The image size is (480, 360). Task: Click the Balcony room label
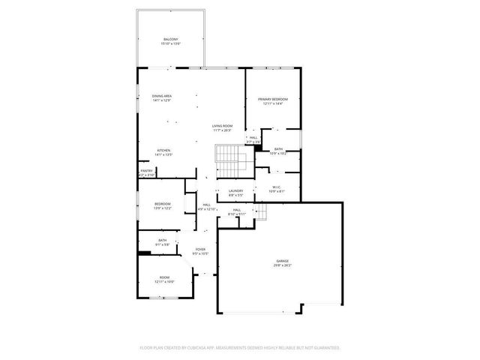tap(170, 39)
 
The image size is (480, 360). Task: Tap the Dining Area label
tap(162, 96)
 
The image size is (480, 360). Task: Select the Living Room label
tap(221, 126)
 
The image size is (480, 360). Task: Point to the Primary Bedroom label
tap(273, 99)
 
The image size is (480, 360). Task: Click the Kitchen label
tap(164, 151)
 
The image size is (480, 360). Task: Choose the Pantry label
tap(146, 170)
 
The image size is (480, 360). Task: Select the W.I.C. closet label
tap(277, 188)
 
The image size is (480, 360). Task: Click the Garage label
tap(282, 261)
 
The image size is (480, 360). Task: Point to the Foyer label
tap(200, 249)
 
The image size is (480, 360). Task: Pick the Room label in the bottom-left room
tap(164, 277)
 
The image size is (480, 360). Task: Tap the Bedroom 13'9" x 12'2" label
tap(163, 204)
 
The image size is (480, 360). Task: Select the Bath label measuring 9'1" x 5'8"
tap(162, 240)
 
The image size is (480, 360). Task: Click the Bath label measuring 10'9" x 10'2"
tap(278, 149)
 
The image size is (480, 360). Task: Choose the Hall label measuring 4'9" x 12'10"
tap(206, 204)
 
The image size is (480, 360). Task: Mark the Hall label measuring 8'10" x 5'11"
tap(236, 210)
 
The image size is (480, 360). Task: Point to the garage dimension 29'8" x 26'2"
tap(282, 265)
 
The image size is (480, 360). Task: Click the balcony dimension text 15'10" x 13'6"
tap(170, 43)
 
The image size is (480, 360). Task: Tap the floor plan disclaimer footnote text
tap(240, 348)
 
